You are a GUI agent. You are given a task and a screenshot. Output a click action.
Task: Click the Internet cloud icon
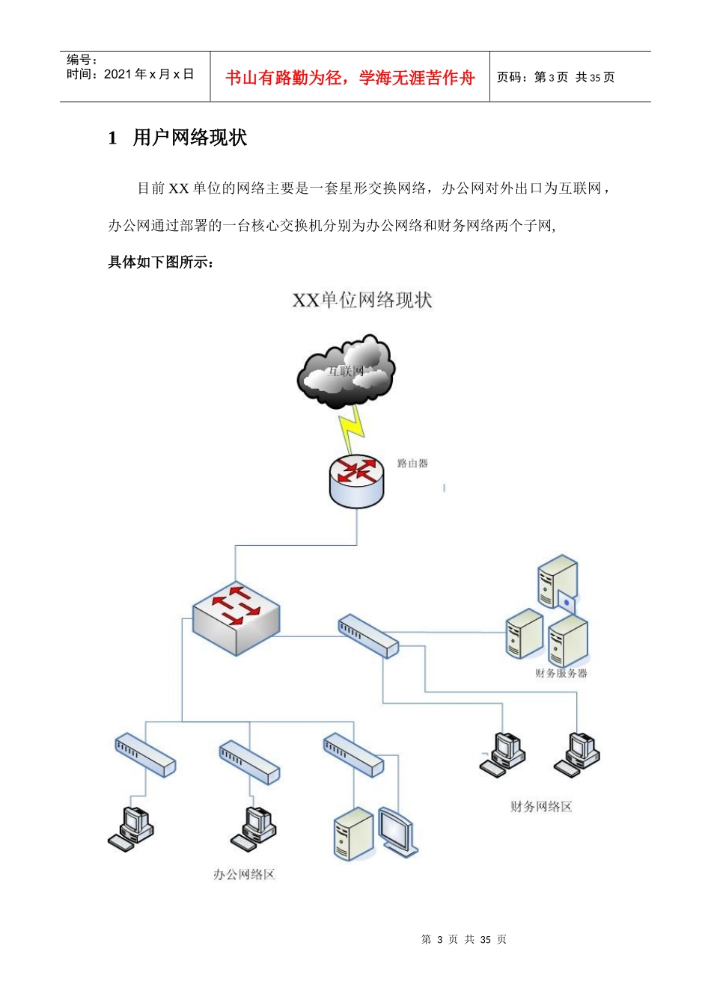coord(346,372)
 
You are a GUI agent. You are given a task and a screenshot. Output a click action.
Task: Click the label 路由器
coord(412,464)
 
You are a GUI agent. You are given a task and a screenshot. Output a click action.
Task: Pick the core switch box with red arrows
coord(236,618)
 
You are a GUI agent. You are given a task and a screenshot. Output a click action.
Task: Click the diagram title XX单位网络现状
coord(361,301)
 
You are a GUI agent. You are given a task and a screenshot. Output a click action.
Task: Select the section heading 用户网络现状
coord(189,138)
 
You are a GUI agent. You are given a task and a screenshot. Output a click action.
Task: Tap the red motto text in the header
coord(350,78)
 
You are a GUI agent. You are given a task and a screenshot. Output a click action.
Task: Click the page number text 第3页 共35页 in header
coord(555,77)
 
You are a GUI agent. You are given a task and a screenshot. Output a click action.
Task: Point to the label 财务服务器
coord(561,673)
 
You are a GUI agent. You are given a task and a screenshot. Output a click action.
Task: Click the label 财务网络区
coord(540,806)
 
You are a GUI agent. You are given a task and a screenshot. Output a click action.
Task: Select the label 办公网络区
coord(244,874)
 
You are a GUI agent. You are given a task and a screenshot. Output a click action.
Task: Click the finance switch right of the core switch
coord(367,636)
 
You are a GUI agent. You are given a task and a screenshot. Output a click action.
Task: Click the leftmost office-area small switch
coord(144,755)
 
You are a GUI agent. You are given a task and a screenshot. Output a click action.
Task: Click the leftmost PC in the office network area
coord(132,829)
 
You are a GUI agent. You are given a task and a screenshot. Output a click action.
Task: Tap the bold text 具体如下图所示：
coord(161,262)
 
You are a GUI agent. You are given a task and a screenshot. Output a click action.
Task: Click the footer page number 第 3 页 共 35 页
coord(463,939)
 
